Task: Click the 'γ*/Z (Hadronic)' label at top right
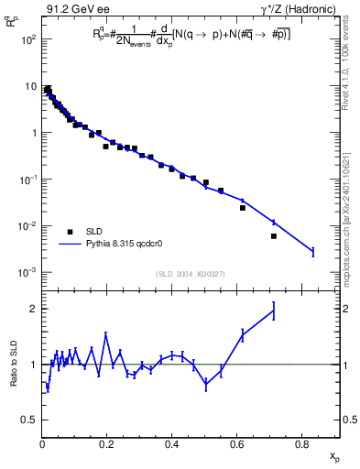coord(302,10)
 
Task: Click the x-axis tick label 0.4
coord(171,445)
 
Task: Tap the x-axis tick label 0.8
coord(301,445)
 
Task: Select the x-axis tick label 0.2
coord(107,445)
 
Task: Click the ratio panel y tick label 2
coord(33,309)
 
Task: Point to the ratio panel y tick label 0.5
coord(29,420)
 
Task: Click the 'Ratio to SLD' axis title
coord(14,365)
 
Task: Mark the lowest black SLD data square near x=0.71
coord(274,236)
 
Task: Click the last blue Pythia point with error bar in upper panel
coord(312,251)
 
